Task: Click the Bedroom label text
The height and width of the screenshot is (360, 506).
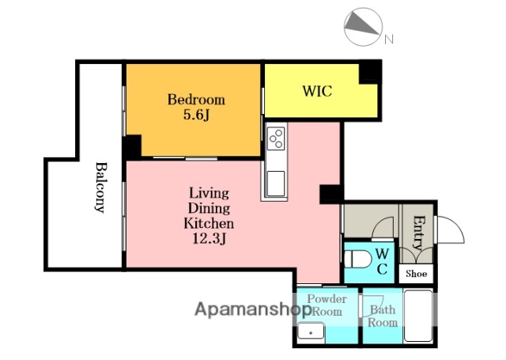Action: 196,100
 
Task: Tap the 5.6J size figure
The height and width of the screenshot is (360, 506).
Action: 197,115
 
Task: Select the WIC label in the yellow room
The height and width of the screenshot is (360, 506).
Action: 317,91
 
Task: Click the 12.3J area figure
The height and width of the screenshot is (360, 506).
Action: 209,239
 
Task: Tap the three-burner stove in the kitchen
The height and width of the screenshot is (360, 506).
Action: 276,138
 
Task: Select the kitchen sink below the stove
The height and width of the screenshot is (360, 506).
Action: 276,184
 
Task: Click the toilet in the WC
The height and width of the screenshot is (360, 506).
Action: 357,259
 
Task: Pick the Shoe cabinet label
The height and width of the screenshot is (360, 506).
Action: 417,274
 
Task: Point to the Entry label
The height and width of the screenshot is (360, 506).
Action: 418,233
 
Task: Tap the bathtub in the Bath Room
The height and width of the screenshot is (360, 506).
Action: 418,316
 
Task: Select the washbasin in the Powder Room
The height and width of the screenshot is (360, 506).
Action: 311,331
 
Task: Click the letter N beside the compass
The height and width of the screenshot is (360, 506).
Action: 388,40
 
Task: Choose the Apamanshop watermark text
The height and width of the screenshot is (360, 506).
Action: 253,309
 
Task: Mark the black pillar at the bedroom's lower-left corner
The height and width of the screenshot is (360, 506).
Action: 132,147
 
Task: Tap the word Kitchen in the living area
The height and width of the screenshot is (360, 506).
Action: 209,223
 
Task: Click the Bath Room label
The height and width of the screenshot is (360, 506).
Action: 383,316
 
